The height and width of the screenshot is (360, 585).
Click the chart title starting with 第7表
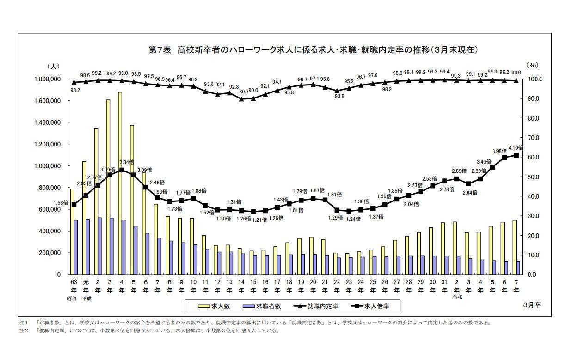click(x=313, y=50)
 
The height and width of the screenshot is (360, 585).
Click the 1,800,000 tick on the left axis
click(x=48, y=79)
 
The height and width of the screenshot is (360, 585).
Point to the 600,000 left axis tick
click(x=48, y=209)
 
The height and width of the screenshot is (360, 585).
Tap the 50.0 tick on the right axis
click(x=533, y=177)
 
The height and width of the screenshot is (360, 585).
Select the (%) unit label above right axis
click(x=532, y=65)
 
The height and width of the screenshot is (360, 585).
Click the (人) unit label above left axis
click(x=53, y=67)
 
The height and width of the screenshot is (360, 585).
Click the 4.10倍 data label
click(x=515, y=148)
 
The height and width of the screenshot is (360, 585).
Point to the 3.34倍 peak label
click(x=126, y=162)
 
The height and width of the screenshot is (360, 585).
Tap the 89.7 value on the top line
click(x=243, y=92)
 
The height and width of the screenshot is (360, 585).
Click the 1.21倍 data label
click(x=259, y=220)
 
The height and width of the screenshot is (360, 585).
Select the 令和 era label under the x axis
click(x=457, y=297)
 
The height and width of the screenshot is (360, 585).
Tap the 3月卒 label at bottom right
click(x=532, y=305)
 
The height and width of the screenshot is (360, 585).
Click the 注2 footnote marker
click(x=23, y=331)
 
